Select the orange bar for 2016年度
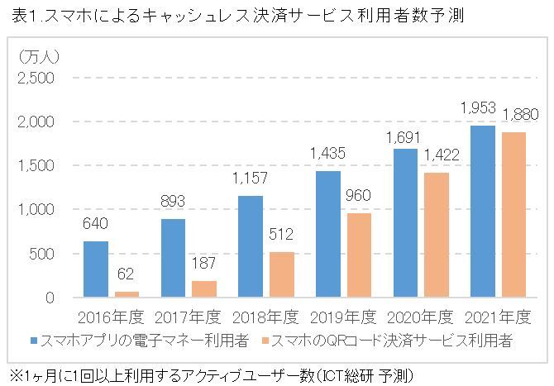pos(127,293)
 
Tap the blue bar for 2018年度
pos(251,246)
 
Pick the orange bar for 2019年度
pos(358,255)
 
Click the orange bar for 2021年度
pos(513,214)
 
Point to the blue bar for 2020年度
pos(405,222)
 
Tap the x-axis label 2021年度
pos(497,317)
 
